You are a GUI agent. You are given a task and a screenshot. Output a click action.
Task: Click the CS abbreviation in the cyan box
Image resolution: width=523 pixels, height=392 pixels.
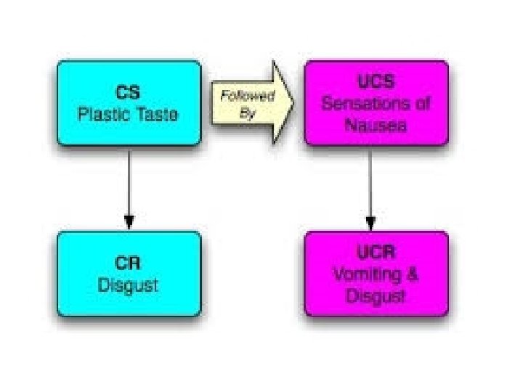[129, 93]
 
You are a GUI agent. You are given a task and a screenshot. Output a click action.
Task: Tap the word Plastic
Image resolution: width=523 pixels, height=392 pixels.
[102, 115]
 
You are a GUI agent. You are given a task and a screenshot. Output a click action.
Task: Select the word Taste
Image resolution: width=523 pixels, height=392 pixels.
[154, 115]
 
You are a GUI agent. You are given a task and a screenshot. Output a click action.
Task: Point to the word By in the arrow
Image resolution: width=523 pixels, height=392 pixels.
[248, 113]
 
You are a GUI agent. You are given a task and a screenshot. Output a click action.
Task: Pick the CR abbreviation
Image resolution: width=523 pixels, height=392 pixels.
[129, 263]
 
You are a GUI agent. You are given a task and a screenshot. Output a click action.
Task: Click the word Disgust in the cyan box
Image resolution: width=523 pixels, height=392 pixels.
[129, 285]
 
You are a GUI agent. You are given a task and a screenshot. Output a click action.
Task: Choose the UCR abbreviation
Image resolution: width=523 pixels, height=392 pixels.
[376, 253]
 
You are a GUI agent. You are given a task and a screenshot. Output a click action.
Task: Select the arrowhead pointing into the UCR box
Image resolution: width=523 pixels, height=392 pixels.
[370, 221]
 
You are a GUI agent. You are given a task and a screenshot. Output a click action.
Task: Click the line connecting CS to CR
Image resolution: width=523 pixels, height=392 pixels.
[129, 181]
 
